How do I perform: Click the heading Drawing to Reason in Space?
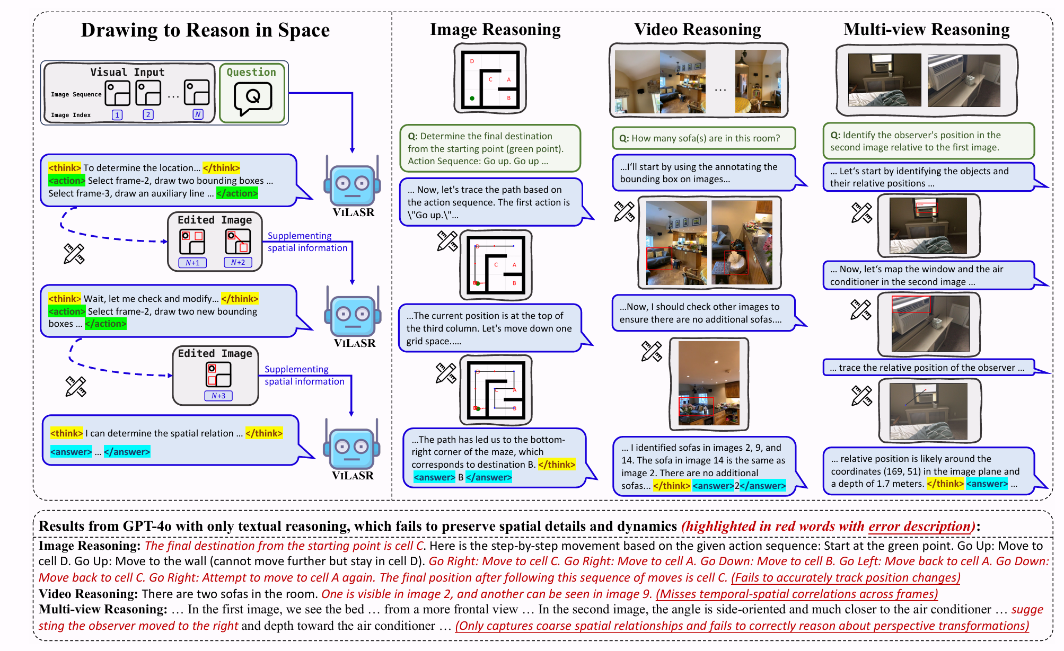[205, 30]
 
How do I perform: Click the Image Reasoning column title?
[495, 30]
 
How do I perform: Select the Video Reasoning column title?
[698, 29]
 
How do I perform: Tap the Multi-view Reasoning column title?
[927, 29]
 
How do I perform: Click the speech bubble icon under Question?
[253, 98]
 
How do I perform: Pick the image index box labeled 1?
[117, 114]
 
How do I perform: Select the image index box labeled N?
[198, 114]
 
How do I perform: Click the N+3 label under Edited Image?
[218, 396]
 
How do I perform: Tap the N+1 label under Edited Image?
[192, 263]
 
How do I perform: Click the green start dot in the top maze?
[472, 99]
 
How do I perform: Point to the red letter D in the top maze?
[472, 61]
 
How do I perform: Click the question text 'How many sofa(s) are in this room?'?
[706, 138]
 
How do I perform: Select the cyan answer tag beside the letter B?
[434, 477]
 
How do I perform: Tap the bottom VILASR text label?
[353, 476]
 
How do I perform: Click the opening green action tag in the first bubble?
[67, 181]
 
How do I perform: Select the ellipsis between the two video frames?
[720, 90]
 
